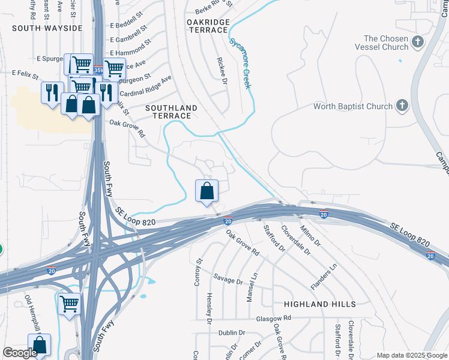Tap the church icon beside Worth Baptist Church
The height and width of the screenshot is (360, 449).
(x=402, y=107)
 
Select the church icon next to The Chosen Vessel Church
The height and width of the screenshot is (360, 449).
(x=418, y=42)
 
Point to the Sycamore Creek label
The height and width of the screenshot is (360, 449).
(x=239, y=63)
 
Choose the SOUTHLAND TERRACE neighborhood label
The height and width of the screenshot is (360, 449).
(x=171, y=112)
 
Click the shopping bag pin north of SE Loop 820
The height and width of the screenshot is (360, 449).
(x=206, y=191)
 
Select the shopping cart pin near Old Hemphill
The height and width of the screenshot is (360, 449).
(x=69, y=304)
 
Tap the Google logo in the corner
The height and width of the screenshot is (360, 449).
(x=20, y=353)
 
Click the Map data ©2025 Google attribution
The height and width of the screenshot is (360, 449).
(x=412, y=355)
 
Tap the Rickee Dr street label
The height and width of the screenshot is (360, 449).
(x=221, y=71)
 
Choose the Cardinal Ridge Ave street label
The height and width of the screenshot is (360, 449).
(x=146, y=86)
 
